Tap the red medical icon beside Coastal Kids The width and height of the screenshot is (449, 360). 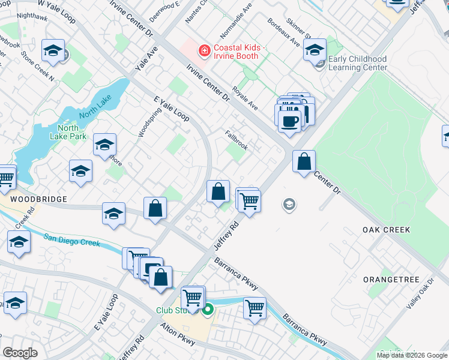(x=205, y=50)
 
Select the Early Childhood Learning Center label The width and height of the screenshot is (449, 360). (x=358, y=63)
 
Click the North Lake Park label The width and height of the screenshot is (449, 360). (x=72, y=132)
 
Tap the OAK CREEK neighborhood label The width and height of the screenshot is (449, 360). (x=386, y=230)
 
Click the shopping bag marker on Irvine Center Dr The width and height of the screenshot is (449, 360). (x=304, y=161)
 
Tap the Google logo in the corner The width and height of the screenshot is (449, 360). (x=20, y=352)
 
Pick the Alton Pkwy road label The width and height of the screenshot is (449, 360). (x=178, y=335)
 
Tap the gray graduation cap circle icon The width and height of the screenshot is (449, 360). (x=289, y=205)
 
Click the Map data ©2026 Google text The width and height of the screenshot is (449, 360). (x=412, y=355)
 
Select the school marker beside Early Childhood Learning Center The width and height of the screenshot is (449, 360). (x=315, y=50)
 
